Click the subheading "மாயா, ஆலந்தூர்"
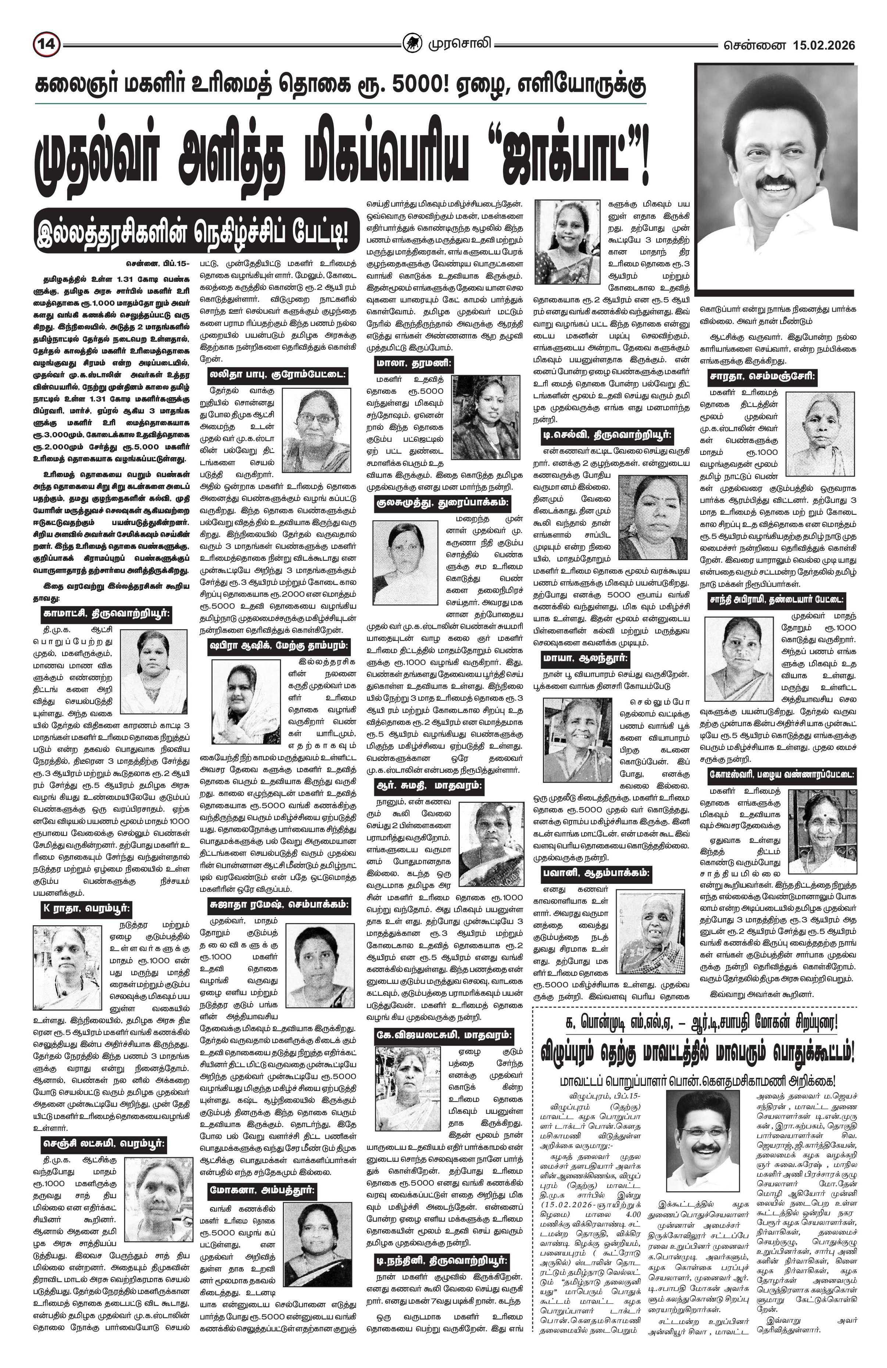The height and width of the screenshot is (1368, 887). coord(585,658)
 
